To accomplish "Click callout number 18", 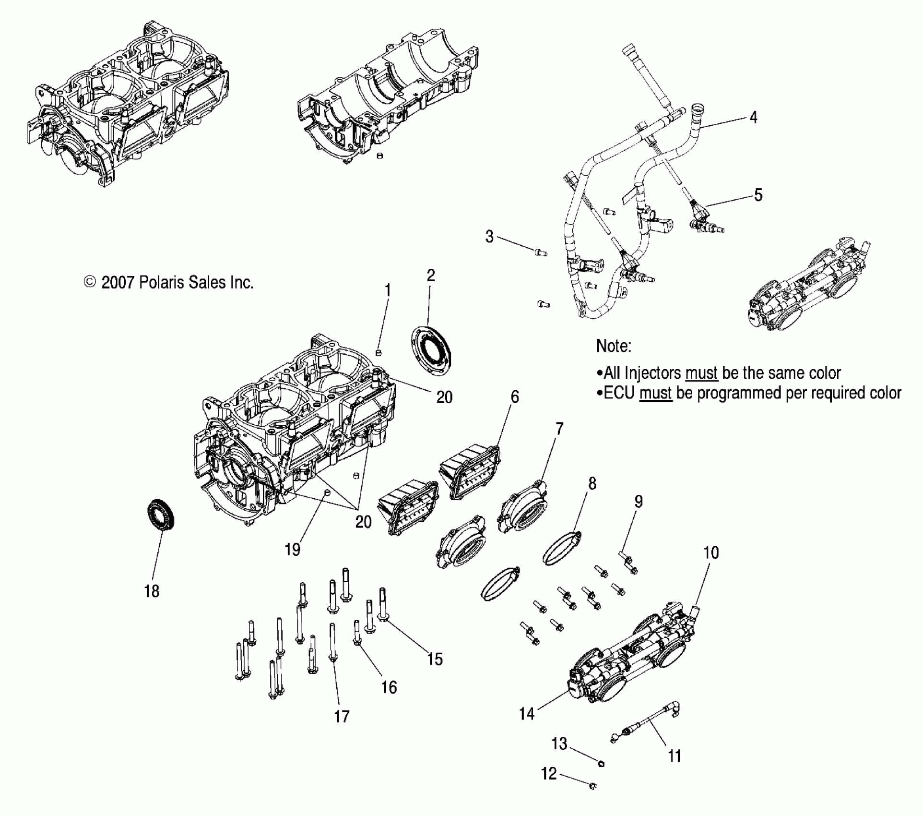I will coord(152,591).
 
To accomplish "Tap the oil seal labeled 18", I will coord(160,515).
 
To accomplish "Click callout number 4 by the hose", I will coord(753,117).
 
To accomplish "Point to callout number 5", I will coord(758,195).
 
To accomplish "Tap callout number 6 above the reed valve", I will coord(515,396).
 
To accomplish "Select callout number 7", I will coord(559,429).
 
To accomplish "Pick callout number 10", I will coord(711,552).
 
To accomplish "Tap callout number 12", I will coord(549,774).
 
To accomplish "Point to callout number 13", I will coord(559,744).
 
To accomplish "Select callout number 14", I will coord(526,714).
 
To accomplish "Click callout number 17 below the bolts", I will coord(342,717).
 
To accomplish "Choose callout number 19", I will coord(293,549).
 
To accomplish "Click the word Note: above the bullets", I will coord(614,346).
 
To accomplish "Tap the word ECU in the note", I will coord(619,393).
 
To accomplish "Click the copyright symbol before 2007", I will coord(90,282).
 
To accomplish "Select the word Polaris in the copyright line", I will coord(161,282).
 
